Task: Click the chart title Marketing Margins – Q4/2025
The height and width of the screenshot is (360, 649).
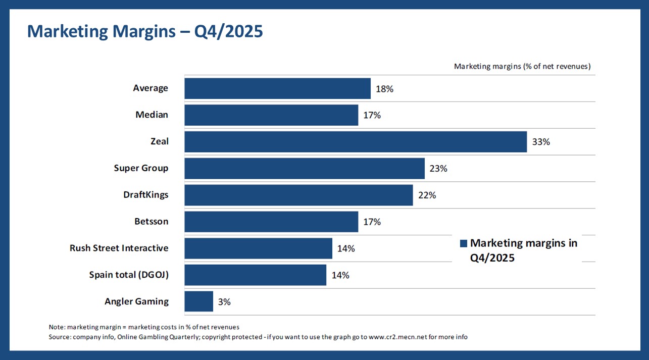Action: tap(145, 31)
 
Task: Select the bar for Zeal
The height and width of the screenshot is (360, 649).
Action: tap(356, 142)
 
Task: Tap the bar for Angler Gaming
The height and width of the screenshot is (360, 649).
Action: tap(198, 301)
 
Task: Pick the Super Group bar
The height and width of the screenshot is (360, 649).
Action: tap(304, 169)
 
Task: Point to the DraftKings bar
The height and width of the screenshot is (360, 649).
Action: tap(298, 195)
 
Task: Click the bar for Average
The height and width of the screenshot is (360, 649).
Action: tap(277, 88)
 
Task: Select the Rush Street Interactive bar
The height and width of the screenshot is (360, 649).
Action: tap(258, 248)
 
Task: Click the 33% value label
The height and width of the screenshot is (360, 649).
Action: tap(541, 142)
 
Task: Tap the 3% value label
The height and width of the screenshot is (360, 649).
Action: tap(224, 302)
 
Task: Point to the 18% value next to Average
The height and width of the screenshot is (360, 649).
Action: tap(384, 89)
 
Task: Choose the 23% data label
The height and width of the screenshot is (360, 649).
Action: tap(438, 169)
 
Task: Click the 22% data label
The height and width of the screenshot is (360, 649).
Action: tap(427, 195)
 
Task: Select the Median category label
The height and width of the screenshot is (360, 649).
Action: tap(152, 115)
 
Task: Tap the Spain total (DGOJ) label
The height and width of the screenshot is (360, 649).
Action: tap(128, 275)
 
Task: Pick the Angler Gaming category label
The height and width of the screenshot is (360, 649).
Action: tap(136, 301)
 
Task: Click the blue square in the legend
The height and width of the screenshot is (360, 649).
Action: tap(464, 243)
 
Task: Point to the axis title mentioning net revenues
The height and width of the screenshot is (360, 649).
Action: tap(522, 66)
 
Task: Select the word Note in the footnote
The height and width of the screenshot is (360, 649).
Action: tap(57, 327)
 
